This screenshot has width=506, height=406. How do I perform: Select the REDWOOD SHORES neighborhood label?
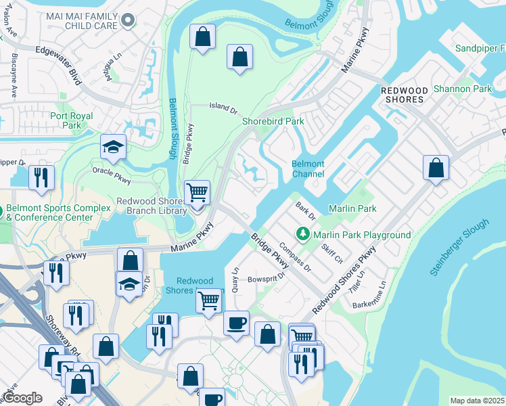(405, 95)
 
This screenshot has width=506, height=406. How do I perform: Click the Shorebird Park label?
(273, 121)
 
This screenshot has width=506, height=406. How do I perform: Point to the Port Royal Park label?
(75, 120)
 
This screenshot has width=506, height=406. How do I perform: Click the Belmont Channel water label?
(308, 169)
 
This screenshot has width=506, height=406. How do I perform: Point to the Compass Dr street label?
(294, 257)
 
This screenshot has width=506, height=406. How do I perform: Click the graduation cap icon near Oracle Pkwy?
(113, 147)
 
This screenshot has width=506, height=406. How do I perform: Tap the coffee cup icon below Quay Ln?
(236, 323)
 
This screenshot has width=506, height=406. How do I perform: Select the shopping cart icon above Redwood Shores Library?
(197, 192)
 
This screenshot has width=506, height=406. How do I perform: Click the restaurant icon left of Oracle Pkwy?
(41, 177)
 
